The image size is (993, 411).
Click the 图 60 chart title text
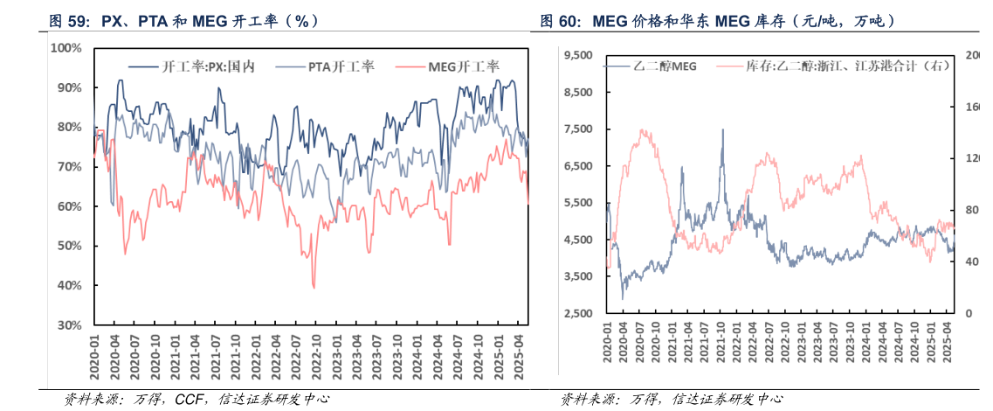(728, 19)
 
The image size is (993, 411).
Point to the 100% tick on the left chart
(67, 48)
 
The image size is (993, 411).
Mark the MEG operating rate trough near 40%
(314, 287)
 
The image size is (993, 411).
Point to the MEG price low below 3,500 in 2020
(623, 299)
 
